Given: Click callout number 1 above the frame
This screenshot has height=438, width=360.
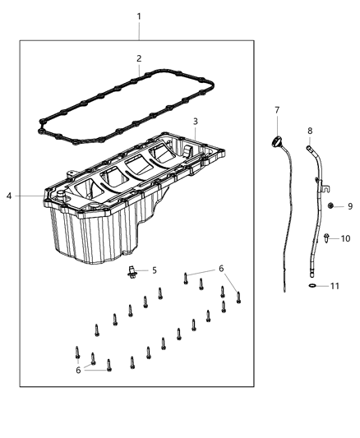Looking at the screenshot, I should point(139,16).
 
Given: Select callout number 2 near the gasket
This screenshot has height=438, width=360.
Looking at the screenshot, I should point(139,58).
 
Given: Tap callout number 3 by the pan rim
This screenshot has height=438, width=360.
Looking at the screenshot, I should point(196,122).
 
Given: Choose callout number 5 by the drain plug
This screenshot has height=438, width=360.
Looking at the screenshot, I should point(154,270).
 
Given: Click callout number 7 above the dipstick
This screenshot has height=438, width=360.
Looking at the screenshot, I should point(277,109).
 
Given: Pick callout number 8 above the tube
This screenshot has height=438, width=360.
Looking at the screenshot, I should point(310,131).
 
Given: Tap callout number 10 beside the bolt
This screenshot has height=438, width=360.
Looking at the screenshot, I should point(346,238).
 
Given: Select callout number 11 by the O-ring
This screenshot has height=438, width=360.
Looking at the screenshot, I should point(335,287).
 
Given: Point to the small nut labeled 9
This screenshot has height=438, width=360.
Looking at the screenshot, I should point(330,205).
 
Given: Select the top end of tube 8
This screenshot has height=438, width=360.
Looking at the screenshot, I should point(310,148).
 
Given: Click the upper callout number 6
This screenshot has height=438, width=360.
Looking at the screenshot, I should point(220,268).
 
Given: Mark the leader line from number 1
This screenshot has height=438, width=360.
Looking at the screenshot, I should point(139,31).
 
